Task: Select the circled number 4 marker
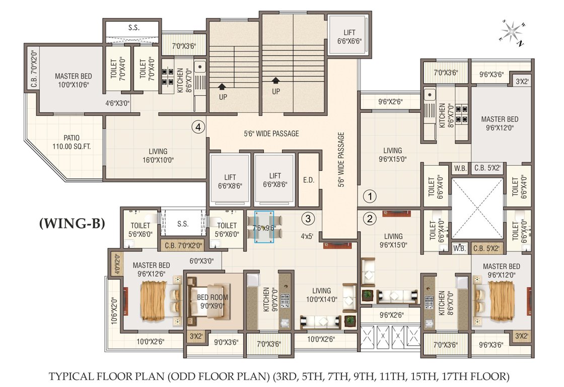coord(198,128)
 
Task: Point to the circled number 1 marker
coord(370,196)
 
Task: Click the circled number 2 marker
coord(370,219)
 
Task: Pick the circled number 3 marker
coord(308,219)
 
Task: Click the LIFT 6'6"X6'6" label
coord(349,37)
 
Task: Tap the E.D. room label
coord(309,180)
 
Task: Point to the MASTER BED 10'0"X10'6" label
coord(74,81)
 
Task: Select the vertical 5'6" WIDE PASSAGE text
coord(341,160)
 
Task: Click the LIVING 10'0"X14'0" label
coord(321,295)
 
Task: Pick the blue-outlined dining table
coord(264,227)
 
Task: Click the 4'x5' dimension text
coord(308,235)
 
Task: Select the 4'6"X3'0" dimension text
coord(117,103)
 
